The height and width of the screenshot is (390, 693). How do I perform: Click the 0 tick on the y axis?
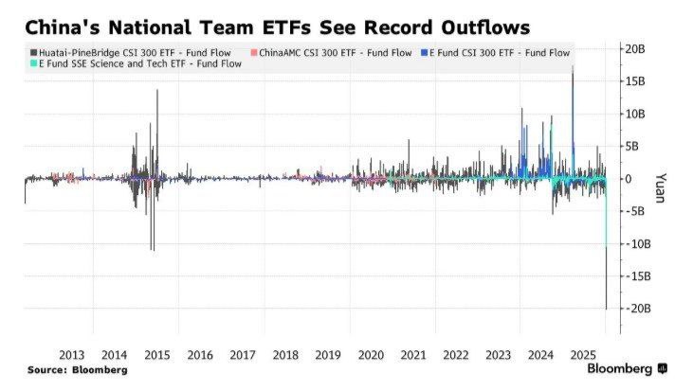click(628, 179)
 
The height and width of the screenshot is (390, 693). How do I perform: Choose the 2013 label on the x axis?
click(72, 355)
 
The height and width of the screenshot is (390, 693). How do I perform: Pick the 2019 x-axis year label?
click(328, 355)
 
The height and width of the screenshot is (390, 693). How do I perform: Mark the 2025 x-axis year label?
click(583, 355)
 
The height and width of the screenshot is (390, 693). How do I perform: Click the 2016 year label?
click(200, 355)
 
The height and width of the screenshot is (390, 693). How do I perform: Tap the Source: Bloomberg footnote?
click(77, 369)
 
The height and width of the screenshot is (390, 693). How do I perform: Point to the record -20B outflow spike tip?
click(607, 308)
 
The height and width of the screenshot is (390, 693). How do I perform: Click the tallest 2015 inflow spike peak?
click(157, 91)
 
